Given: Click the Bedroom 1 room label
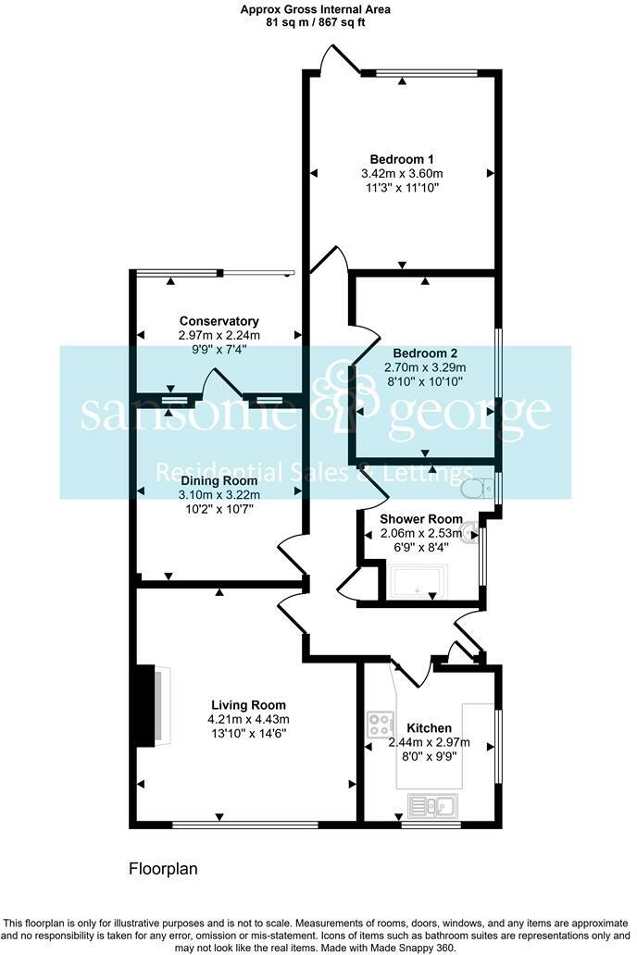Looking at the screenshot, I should (402, 158).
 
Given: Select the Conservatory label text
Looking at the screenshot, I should (219, 321).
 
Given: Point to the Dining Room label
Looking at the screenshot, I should (219, 480).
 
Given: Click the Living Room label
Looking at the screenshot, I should (248, 704).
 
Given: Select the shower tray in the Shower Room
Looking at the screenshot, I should (418, 582).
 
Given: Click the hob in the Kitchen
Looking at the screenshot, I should (381, 724).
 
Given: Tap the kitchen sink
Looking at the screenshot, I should (431, 806).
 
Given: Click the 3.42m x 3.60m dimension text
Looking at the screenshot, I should (402, 173).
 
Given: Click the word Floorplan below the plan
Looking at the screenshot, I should (162, 869).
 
